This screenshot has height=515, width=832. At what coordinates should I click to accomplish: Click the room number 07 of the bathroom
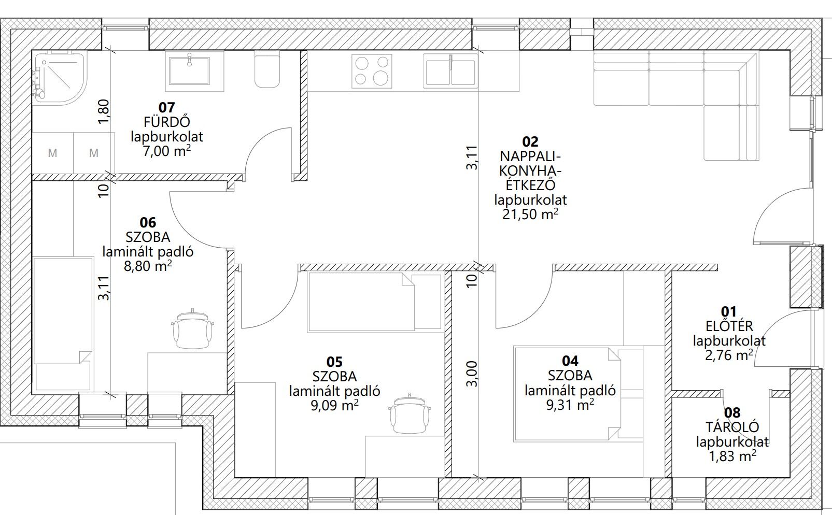166,107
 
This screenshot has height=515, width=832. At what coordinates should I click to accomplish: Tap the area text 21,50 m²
530,214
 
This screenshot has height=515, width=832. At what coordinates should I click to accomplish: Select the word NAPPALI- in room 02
530,156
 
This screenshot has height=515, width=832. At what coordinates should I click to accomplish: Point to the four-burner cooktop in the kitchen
372,71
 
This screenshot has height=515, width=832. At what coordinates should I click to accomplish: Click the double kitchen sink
450,71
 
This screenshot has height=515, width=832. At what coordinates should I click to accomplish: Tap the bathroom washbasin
189,70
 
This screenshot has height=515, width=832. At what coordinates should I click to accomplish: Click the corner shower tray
60,78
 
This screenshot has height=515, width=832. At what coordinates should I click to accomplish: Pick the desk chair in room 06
193,329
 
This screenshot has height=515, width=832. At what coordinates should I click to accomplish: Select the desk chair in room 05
410,413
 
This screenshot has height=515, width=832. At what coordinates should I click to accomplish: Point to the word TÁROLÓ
732,427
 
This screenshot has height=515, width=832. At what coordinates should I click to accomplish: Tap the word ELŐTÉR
729,326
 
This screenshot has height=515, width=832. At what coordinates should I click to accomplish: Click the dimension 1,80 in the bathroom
104,112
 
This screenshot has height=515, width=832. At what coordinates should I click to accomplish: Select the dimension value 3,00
472,374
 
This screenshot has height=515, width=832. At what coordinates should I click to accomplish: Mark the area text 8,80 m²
147,266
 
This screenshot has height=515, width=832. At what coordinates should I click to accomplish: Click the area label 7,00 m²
167,151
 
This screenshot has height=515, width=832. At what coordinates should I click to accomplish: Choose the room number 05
334,362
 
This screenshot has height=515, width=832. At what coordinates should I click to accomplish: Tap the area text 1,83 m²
732,456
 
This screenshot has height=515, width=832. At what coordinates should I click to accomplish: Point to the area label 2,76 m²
729,355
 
